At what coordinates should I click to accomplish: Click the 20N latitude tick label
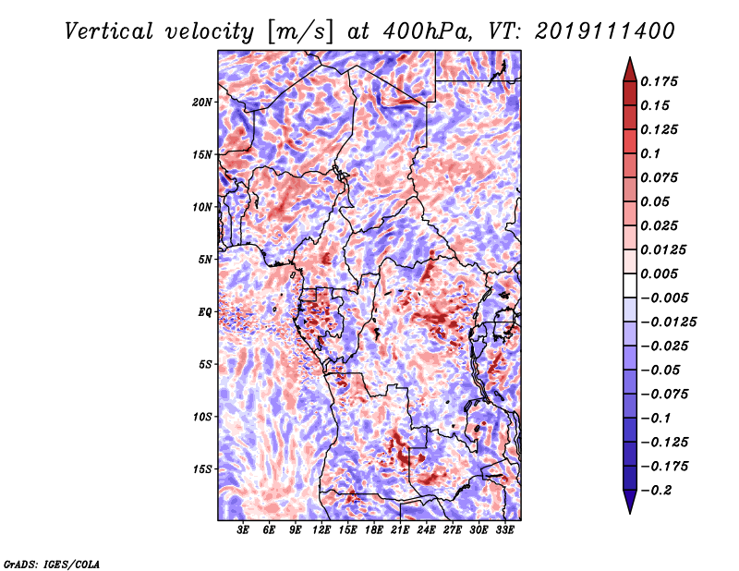201,102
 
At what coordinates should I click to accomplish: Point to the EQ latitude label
205,312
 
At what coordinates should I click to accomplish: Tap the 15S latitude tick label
202,469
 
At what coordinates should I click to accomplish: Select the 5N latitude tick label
205,260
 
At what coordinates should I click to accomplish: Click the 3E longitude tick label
243,529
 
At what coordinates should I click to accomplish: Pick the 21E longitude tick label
400,529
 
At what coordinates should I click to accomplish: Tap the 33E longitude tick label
504,529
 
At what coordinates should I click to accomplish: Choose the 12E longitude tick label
321,529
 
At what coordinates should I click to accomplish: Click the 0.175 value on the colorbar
659,81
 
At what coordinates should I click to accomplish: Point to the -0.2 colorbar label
656,491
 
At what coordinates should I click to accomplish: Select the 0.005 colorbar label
659,273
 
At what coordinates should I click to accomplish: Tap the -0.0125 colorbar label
668,322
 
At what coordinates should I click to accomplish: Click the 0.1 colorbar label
650,153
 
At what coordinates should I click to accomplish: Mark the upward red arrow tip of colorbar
630,58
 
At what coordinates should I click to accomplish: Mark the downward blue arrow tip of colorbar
630,512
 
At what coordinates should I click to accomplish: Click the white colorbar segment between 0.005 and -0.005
630,285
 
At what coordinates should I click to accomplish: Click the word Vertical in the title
109,31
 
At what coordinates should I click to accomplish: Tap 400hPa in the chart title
427,31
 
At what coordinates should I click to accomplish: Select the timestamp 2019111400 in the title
605,31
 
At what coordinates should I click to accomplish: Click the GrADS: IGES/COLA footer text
52,564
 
